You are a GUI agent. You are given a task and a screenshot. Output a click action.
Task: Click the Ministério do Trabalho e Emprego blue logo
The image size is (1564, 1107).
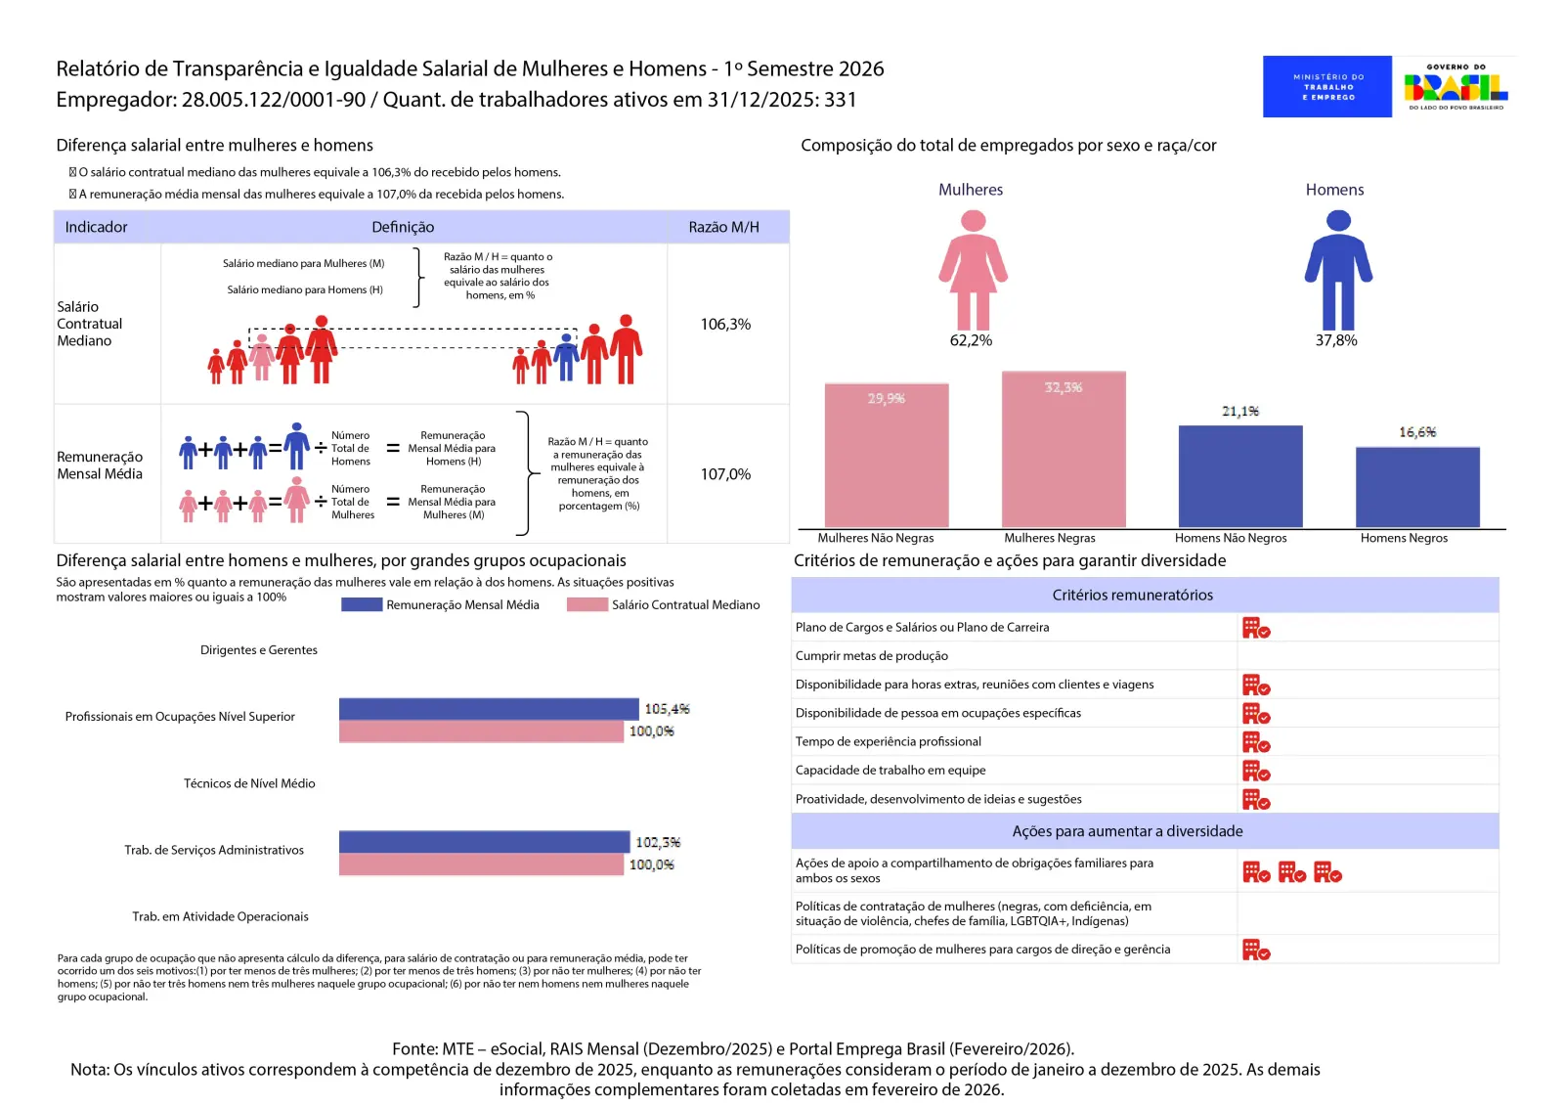[1326, 87]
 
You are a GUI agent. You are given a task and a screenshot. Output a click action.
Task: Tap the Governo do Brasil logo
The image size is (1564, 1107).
[1455, 87]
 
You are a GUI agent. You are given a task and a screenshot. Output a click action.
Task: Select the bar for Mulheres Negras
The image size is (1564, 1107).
[1064, 450]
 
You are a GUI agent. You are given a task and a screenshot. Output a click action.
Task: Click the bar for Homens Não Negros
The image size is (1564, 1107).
[1240, 476]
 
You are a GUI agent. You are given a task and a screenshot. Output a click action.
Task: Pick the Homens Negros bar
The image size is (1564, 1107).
[1417, 487]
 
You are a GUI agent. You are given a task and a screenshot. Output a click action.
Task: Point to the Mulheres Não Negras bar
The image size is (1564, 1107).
[887, 456]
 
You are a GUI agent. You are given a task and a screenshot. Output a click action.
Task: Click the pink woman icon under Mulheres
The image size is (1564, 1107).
[973, 270]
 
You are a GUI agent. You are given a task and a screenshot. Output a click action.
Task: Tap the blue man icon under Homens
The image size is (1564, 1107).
[1338, 270]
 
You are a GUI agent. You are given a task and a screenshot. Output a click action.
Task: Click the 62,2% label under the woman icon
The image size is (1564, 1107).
[971, 340]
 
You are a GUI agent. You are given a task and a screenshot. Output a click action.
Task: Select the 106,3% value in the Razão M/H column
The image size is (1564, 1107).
[725, 325]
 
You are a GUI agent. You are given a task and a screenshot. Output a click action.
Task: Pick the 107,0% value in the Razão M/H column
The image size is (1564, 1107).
[725, 474]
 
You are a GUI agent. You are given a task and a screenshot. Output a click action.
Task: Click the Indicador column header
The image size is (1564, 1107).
[96, 227]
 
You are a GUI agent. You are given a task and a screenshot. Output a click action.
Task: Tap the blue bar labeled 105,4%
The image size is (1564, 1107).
[489, 709]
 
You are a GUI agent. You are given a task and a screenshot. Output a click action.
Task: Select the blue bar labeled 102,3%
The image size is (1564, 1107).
[484, 842]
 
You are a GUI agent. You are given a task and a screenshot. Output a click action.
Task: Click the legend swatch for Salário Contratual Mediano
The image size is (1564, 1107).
[587, 604]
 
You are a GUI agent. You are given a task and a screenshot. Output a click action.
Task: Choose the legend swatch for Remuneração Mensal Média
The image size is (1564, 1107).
[362, 604]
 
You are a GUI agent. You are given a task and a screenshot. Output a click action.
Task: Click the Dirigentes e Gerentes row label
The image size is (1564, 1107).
[259, 650]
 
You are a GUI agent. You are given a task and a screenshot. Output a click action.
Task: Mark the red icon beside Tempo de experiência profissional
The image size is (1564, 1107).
[1255, 742]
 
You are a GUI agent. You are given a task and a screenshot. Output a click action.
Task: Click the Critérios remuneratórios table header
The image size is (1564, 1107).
[1132, 595]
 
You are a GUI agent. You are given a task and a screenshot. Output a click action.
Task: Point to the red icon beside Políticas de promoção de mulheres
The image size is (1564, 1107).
[1255, 950]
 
